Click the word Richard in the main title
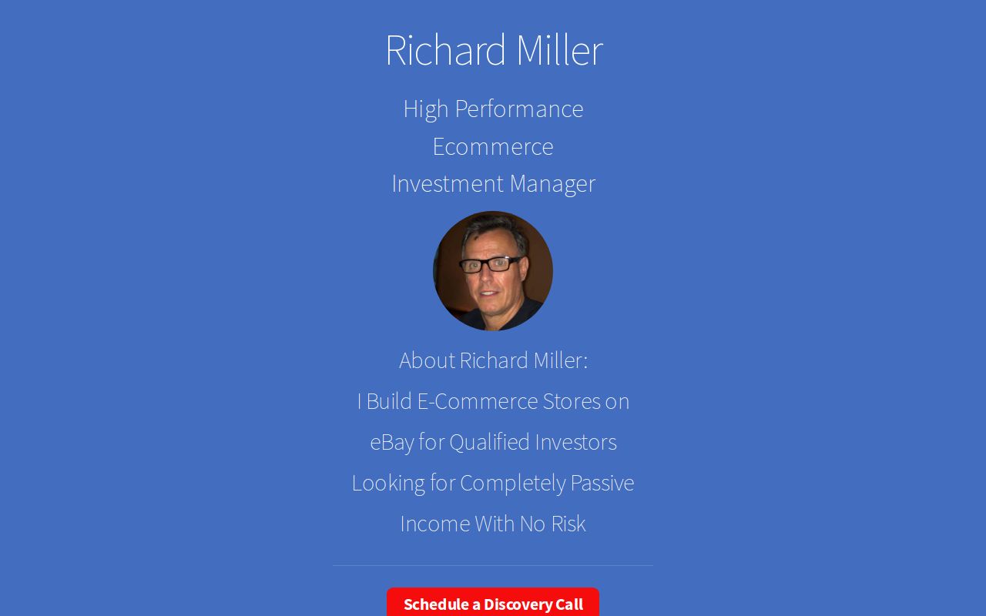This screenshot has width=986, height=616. pos(445,50)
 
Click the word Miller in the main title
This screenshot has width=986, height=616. pos(558,50)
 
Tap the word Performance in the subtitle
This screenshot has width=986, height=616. pos(518,109)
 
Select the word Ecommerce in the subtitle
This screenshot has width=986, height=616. pos(493,146)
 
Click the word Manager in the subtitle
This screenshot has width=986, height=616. pos(552,183)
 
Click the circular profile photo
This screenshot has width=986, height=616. pos(493,271)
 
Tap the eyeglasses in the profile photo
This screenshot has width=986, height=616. pos(491,264)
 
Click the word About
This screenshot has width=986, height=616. pos(426,360)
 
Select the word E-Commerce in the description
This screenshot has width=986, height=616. pos(477,401)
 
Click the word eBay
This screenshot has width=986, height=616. pos(391,442)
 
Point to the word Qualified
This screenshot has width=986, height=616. pos(489,442)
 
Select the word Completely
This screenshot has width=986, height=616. pos(512,483)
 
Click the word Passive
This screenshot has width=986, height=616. pos(602,483)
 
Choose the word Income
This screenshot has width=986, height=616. pos(434,524)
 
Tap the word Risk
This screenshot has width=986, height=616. pos(568,524)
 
